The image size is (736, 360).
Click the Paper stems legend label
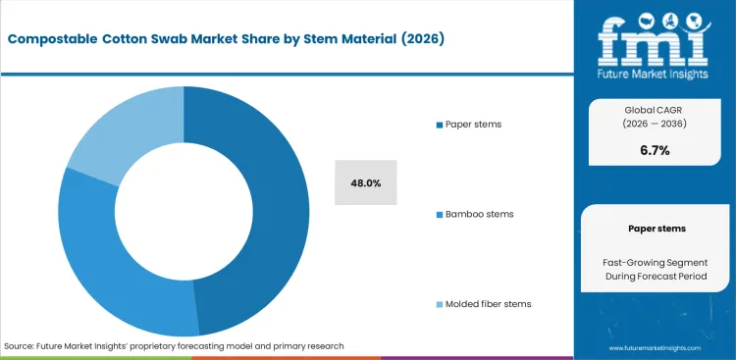pyautogui.click(x=475, y=125)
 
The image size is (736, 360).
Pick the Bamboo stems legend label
pyautogui.click(x=479, y=214)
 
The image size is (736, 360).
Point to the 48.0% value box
pyautogui.click(x=365, y=182)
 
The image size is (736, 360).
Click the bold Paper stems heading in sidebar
pyautogui.click(x=656, y=228)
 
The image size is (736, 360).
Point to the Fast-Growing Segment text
pyautogui.click(x=656, y=263)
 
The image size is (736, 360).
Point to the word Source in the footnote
pyautogui.click(x=20, y=346)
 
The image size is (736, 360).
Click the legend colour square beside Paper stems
pyautogui.click(x=438, y=126)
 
